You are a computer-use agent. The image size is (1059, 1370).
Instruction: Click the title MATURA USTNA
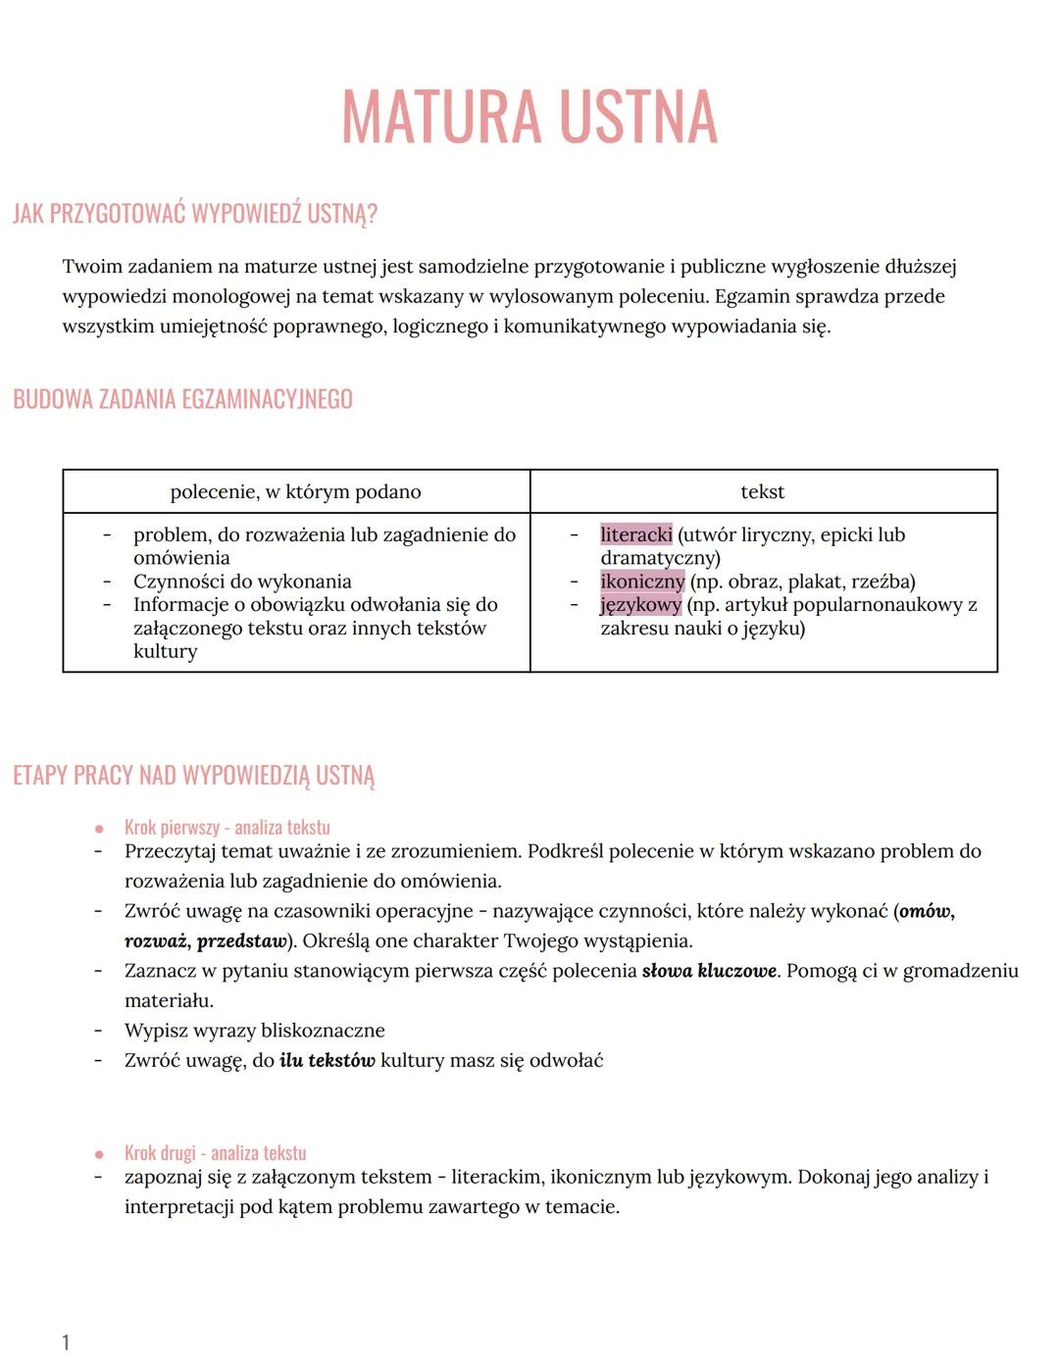tap(529, 117)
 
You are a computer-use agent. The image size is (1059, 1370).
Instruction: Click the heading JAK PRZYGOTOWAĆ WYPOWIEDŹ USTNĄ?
tap(195, 214)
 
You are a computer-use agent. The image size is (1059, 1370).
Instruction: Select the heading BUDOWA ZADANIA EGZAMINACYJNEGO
tap(182, 399)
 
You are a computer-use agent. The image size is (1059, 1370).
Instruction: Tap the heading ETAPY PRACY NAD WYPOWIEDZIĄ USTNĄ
tap(193, 776)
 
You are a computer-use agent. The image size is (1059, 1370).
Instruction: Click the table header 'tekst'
tap(762, 492)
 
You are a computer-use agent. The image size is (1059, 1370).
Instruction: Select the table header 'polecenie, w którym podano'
tap(295, 492)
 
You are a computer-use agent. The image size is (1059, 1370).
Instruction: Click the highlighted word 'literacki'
tap(635, 535)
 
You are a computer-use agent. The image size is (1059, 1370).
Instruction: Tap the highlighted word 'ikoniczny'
tap(642, 582)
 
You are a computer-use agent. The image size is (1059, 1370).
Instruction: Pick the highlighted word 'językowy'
tap(640, 605)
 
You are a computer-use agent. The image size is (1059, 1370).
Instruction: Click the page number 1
tap(66, 1343)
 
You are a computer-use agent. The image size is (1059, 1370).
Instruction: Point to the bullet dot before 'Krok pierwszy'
tap(99, 829)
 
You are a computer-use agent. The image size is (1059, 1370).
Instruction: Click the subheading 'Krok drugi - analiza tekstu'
tap(215, 1153)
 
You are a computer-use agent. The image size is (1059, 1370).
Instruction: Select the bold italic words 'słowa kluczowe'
tap(709, 971)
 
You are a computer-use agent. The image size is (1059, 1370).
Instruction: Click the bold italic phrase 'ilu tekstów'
tap(327, 1060)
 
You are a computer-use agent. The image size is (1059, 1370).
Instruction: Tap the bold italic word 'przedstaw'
tap(241, 941)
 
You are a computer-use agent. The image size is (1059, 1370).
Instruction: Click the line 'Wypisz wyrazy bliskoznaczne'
tap(254, 1031)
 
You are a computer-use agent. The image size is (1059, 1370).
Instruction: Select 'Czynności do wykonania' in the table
tap(242, 582)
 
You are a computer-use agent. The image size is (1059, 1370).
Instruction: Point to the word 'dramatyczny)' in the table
tap(660, 558)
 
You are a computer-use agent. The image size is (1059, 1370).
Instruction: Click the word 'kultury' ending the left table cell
tap(165, 651)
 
